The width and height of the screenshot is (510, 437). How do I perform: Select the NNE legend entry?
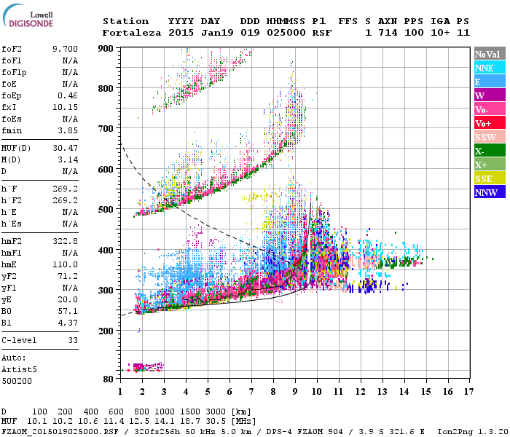484,68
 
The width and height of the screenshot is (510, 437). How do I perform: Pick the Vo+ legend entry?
483,123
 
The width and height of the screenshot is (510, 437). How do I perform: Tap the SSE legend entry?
484,178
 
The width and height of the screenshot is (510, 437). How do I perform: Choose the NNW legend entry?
486,192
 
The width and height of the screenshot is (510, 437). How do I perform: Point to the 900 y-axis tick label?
106,48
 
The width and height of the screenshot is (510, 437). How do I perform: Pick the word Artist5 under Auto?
18,369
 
